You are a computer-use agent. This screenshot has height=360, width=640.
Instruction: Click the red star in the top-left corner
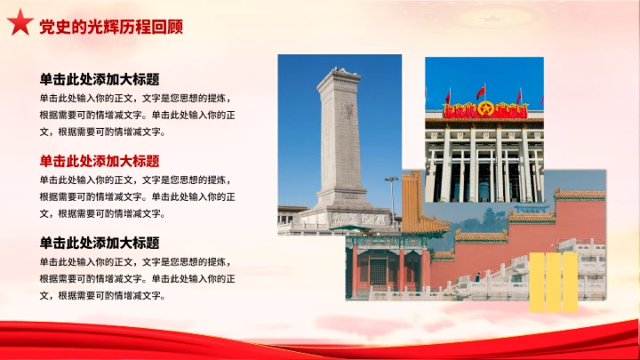coord(19,25)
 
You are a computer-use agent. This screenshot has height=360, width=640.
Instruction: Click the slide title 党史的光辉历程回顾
coord(111,27)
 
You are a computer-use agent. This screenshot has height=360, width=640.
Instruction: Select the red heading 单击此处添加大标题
coord(99,161)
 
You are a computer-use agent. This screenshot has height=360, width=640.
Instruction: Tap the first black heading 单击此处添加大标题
coord(99,79)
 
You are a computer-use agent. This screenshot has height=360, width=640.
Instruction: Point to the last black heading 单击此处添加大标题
coord(99,242)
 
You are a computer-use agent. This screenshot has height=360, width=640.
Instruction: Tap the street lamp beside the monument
coord(391,191)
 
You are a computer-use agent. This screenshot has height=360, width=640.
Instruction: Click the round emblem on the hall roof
coord(484,108)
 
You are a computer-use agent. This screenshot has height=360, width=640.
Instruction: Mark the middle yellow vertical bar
coord(554,282)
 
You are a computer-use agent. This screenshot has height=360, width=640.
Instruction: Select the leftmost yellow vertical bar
coord(537,282)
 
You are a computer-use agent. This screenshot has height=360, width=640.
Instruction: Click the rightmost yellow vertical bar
coord(571,282)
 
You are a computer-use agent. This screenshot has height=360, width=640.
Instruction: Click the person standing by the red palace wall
coord(476,276)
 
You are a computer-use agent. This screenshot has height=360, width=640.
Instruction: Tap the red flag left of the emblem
coord(448,95)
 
